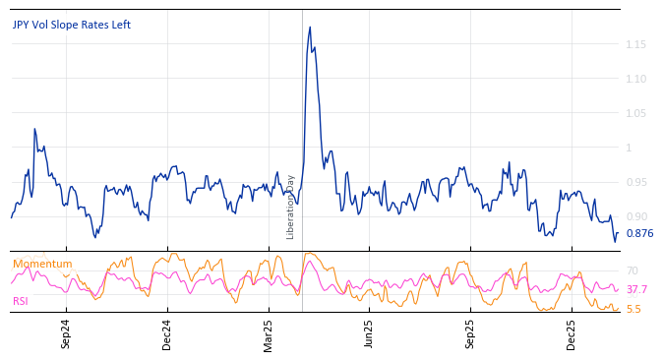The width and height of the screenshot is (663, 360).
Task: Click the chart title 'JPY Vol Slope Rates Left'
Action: click(x=71, y=25)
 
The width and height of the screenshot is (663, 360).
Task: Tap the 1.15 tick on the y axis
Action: click(x=634, y=44)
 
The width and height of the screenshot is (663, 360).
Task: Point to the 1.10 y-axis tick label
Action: click(x=634, y=79)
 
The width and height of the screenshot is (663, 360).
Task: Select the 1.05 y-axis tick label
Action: click(x=634, y=113)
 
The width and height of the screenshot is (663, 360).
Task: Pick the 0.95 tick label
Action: click(x=634, y=182)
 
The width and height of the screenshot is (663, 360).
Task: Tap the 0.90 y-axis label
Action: click(x=634, y=216)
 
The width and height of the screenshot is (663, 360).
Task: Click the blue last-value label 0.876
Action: click(x=639, y=233)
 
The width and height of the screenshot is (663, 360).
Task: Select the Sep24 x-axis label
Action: click(x=66, y=334)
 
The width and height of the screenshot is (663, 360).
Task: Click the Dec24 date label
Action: click(x=167, y=334)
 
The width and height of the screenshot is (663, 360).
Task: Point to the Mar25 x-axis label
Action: click(x=269, y=334)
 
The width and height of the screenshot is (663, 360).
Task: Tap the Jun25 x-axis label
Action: click(x=369, y=334)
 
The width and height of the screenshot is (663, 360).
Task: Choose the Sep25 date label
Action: click(x=470, y=334)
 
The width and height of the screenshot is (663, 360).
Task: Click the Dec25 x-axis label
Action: click(x=572, y=334)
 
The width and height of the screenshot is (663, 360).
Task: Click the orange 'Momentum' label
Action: click(x=42, y=264)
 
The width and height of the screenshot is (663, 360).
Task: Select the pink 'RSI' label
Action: click(x=21, y=301)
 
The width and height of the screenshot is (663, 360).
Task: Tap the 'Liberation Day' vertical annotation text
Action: click(x=291, y=207)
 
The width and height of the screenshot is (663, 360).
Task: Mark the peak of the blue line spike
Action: click(x=310, y=28)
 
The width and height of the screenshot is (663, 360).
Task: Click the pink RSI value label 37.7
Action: click(x=636, y=289)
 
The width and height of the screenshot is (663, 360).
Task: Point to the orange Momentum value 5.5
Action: click(x=633, y=309)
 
